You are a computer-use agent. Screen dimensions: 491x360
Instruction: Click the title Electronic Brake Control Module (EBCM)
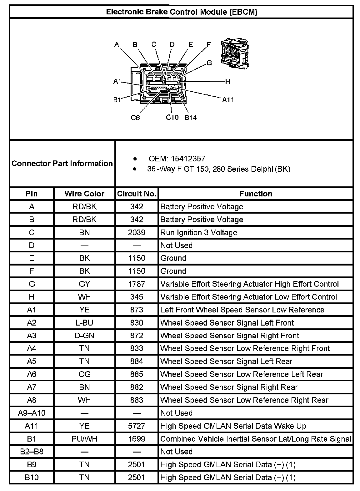click(182, 12)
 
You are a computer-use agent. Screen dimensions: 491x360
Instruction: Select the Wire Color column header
click(84, 194)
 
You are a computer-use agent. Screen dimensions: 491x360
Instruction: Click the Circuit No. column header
click(137, 194)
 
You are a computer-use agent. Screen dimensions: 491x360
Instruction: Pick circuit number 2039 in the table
click(137, 232)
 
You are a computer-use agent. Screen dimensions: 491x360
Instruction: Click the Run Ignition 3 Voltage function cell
click(198, 232)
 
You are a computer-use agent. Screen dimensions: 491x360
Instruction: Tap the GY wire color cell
click(84, 284)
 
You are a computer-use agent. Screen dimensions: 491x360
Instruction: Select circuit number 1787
click(137, 284)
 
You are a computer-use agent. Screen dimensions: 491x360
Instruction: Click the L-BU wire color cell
click(84, 323)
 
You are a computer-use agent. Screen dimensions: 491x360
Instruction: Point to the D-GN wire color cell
click(84, 336)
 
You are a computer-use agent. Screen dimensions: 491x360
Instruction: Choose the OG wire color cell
click(84, 374)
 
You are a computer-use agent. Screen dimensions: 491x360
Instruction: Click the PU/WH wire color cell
click(84, 439)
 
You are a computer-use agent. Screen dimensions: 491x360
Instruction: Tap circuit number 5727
click(137, 426)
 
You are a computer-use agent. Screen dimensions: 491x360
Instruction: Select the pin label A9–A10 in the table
click(32, 413)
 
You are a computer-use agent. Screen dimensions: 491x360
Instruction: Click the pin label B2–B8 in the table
click(32, 452)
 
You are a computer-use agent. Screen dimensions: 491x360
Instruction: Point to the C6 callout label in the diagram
click(135, 118)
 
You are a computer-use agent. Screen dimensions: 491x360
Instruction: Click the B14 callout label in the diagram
click(190, 118)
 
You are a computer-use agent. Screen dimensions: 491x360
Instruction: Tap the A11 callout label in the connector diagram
click(228, 99)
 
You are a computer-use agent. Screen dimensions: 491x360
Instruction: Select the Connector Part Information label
click(62, 163)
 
